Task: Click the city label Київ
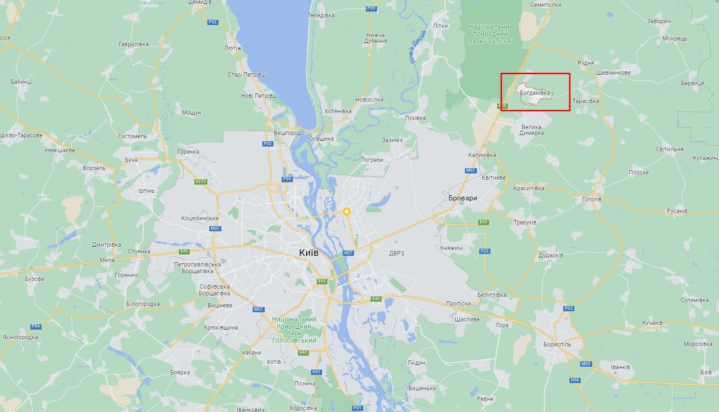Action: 309,253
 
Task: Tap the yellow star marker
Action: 346,211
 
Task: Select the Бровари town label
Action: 462,198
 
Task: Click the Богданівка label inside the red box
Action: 534,93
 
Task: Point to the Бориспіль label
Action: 556,344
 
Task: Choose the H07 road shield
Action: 348,253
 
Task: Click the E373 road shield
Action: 201,182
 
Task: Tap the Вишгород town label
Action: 287,133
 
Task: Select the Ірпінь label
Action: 146,190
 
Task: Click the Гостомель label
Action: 132,136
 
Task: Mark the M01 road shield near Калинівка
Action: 470,171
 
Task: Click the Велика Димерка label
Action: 532,130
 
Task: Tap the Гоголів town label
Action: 591,199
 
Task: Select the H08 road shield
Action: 575,380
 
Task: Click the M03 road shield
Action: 585,364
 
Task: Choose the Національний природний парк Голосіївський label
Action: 294,330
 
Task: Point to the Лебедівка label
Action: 320,15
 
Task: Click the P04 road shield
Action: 36,326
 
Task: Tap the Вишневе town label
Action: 220,305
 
